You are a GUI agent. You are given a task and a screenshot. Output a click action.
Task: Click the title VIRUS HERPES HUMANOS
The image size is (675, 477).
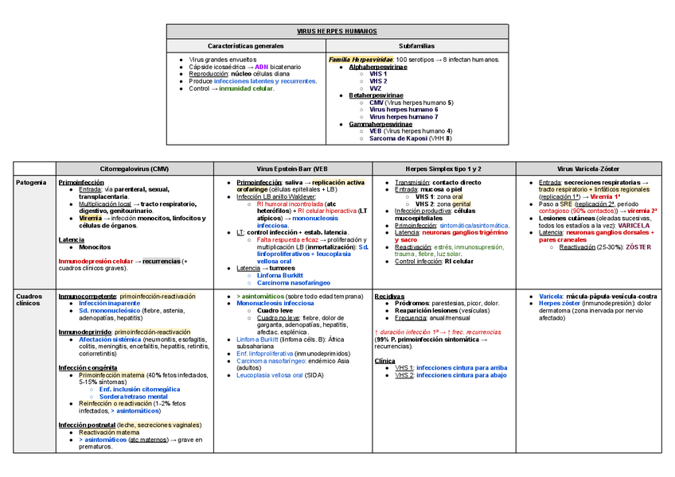[337, 31]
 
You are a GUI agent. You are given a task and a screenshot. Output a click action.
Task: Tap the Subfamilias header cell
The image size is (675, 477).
[416, 45]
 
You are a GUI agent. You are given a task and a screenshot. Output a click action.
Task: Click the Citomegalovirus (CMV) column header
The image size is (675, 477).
[134, 169]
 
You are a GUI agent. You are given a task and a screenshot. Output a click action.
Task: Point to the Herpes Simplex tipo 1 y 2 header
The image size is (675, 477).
[443, 169]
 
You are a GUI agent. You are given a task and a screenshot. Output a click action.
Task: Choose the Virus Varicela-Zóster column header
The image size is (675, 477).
[593, 169]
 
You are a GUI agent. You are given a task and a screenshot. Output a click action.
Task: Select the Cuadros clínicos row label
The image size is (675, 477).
[29, 300]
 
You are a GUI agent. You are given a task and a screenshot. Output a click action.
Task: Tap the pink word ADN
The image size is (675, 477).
[262, 67]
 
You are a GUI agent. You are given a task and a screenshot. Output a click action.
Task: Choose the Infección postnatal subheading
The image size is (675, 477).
[86, 425]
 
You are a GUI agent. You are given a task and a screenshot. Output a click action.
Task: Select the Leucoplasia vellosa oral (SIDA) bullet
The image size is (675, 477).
[279, 374]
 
